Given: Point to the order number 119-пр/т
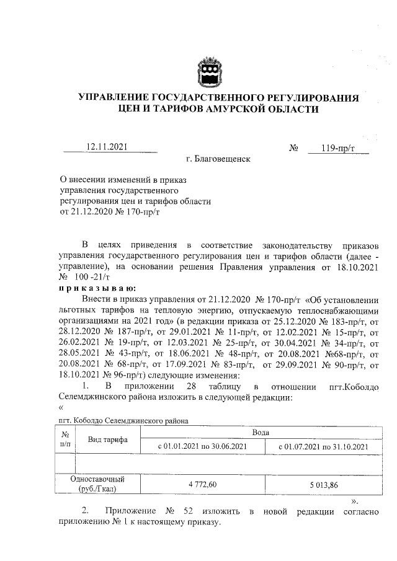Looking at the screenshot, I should [337, 148].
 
